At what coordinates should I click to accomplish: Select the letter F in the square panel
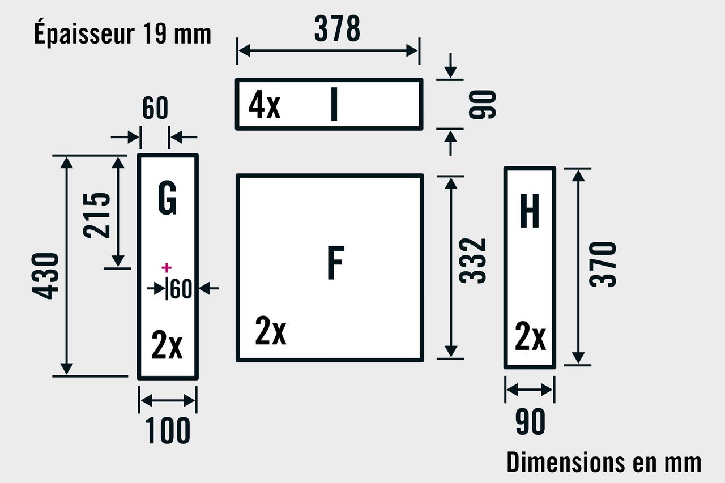point(335,263)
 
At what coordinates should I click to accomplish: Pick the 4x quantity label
point(265,106)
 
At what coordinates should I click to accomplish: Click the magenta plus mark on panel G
point(166,267)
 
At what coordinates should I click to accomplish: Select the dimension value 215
point(97,215)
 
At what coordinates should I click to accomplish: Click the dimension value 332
point(474,261)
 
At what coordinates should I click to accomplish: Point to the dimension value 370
point(603,264)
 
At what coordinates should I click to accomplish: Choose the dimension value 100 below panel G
point(168,431)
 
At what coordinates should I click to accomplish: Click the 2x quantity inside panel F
point(271,331)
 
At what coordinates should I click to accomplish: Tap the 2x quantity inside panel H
point(530,337)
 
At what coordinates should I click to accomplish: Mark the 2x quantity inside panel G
point(167,345)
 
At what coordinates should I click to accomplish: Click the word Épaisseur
point(83,33)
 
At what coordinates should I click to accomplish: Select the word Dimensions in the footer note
point(565,462)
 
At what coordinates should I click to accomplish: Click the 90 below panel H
point(530,422)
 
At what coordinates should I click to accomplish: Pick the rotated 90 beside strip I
point(483,104)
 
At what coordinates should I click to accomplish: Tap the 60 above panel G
point(155,108)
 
